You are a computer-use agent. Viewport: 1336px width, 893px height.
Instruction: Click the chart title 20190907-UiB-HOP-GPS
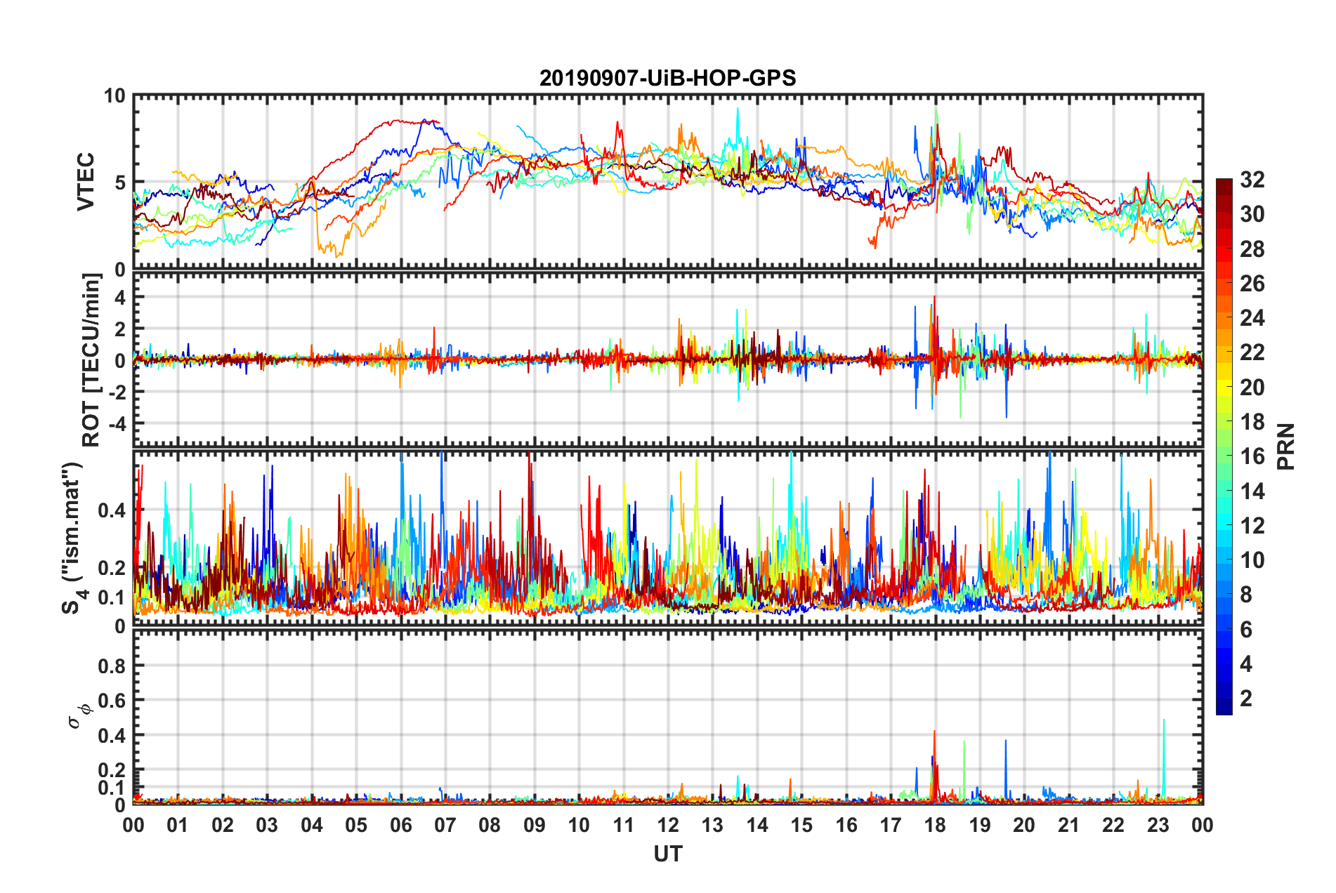[x=667, y=78]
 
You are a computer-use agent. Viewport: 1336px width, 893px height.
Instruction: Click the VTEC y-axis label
[x=86, y=182]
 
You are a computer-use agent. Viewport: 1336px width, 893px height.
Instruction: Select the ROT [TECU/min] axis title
[x=91, y=360]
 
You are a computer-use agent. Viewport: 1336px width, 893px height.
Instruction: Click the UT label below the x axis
[x=667, y=854]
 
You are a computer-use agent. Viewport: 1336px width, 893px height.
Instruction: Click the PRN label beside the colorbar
[x=1286, y=446]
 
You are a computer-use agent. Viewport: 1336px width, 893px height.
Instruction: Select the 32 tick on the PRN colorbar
[x=1252, y=180]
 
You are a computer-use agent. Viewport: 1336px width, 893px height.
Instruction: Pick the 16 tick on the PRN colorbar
[x=1252, y=456]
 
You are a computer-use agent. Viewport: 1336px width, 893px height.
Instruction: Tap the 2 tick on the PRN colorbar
[x=1246, y=699]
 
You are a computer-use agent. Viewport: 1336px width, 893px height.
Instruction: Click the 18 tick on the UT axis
[x=935, y=825]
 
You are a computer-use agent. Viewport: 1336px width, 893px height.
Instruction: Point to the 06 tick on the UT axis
[x=400, y=825]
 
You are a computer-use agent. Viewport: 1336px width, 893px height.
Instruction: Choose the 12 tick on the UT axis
[x=668, y=825]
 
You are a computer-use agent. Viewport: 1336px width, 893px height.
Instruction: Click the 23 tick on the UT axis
[x=1158, y=825]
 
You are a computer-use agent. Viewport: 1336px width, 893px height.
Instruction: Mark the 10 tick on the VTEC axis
[x=114, y=96]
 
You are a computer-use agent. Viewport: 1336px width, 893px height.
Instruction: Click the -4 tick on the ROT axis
[x=117, y=423]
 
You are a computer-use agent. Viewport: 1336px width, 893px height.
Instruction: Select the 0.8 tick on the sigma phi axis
[x=112, y=666]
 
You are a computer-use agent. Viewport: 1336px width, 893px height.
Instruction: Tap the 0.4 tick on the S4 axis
[x=112, y=510]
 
